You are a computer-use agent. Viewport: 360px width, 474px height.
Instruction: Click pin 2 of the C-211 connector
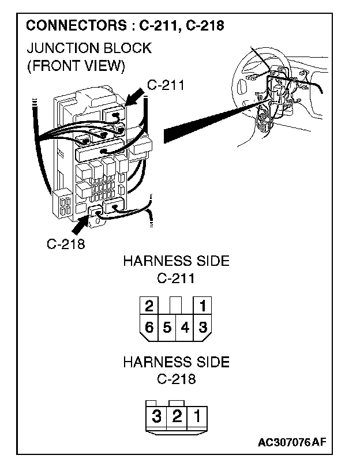tap(149, 306)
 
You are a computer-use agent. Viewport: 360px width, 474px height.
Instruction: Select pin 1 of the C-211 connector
tap(202, 306)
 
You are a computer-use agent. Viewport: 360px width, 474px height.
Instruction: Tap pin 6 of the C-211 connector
tap(149, 328)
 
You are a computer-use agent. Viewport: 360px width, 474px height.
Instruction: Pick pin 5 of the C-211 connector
tap(167, 328)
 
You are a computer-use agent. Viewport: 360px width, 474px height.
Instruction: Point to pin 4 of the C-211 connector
tap(185, 328)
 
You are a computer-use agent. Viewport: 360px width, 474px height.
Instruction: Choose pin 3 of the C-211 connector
tap(202, 328)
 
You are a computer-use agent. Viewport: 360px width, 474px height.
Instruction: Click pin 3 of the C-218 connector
tap(156, 416)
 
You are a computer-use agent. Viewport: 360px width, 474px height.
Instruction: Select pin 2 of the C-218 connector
tap(176, 416)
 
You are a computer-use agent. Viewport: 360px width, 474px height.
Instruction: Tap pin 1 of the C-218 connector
tap(196, 416)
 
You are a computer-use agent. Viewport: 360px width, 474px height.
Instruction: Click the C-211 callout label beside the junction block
tap(165, 85)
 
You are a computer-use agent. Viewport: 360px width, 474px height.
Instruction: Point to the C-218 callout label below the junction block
tap(66, 243)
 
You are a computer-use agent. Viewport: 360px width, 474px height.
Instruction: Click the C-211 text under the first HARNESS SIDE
tap(176, 279)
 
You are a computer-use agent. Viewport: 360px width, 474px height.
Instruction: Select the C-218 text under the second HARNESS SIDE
tap(176, 379)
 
